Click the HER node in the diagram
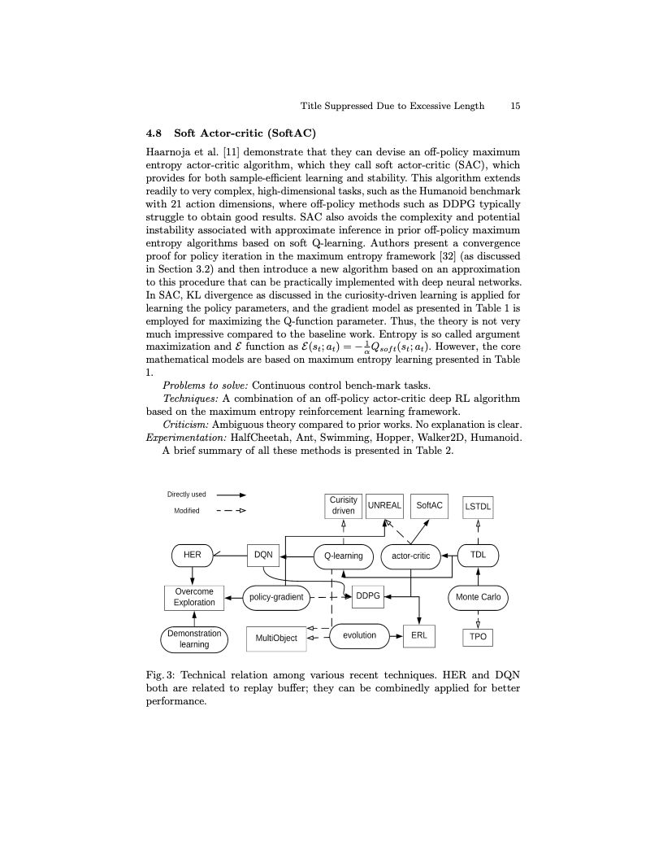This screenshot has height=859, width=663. (x=193, y=556)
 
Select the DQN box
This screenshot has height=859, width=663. (x=263, y=556)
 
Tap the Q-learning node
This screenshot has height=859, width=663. (x=343, y=556)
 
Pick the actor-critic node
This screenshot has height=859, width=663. (x=410, y=556)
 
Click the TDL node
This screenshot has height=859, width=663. (x=478, y=556)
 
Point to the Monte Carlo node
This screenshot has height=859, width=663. (x=478, y=597)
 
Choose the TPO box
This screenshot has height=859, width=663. (x=478, y=637)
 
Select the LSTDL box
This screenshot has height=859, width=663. (x=478, y=507)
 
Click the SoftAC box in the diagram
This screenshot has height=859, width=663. (x=430, y=505)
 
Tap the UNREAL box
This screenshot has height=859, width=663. (x=384, y=505)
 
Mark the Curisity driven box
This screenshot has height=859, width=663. (x=344, y=506)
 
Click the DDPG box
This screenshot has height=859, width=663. (x=368, y=596)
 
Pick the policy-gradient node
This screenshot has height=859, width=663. (x=276, y=597)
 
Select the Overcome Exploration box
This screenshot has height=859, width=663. (x=194, y=597)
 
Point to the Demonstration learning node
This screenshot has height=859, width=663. (x=194, y=639)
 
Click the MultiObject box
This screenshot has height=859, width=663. (x=276, y=639)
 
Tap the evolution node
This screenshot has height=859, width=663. (x=359, y=635)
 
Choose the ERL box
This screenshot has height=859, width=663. (x=419, y=635)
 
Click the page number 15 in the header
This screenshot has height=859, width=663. (x=515, y=106)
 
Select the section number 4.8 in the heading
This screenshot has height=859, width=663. (x=154, y=133)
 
